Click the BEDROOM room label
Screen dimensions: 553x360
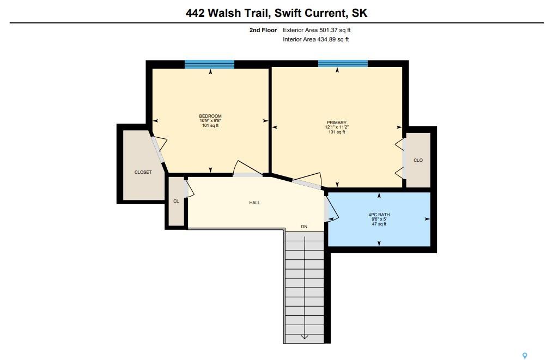tap(210, 116)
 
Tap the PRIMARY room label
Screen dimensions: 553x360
tap(337, 123)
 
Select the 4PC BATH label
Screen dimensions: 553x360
tap(379, 215)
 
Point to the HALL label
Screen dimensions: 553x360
tap(254, 203)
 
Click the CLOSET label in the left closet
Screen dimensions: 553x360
tap(143, 173)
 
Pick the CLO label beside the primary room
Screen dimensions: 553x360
tap(418, 161)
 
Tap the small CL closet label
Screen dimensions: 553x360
tap(176, 202)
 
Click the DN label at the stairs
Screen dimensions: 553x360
tap(304, 227)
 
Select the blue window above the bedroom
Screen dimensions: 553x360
tap(210, 64)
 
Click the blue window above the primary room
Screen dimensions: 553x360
tap(343, 64)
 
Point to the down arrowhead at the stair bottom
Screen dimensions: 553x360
tap(305, 337)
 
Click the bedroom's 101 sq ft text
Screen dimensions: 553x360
tap(210, 125)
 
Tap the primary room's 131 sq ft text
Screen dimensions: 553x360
tap(337, 132)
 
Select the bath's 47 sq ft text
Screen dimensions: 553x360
tap(379, 224)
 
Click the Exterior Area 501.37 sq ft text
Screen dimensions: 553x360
tap(317, 30)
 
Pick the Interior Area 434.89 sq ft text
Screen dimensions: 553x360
tap(315, 40)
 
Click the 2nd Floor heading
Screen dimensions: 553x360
tap(263, 30)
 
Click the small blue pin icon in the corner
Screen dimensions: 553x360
tap(525, 356)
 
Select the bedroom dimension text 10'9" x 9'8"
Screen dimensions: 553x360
tap(210, 120)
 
